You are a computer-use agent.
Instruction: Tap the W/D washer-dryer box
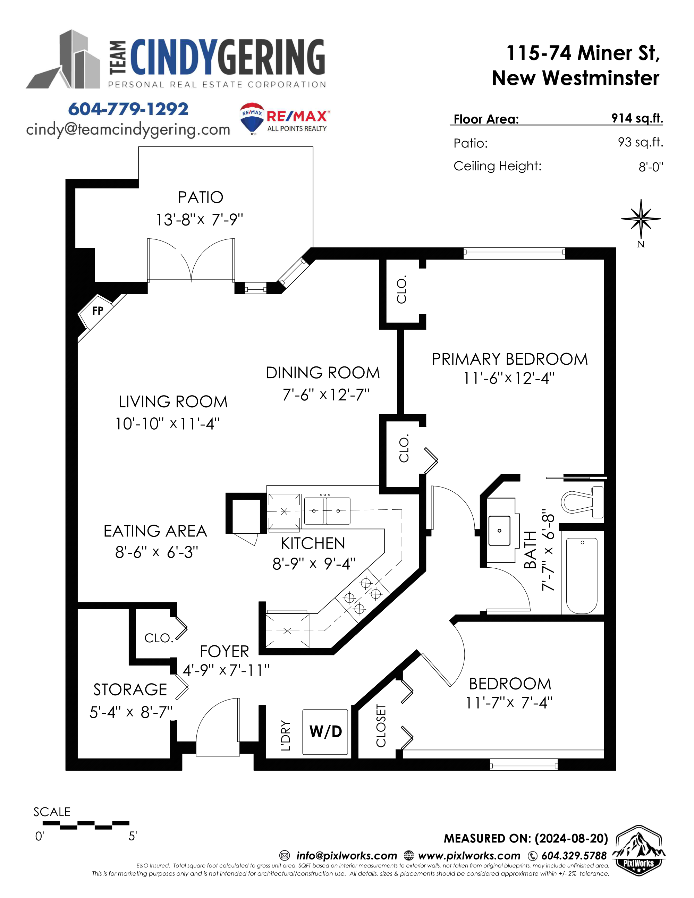(325, 732)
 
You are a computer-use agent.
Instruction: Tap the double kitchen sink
(327, 511)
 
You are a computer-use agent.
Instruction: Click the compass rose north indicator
(641, 219)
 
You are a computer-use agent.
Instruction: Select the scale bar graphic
(86, 824)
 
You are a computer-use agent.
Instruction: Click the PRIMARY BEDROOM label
(509, 359)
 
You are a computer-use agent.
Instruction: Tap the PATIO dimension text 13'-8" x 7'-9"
(200, 220)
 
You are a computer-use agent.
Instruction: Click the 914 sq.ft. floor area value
(637, 118)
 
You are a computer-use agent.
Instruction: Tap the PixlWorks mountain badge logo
(638, 850)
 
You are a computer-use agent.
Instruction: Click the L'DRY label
(285, 735)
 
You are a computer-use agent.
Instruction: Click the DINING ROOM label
(323, 373)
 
